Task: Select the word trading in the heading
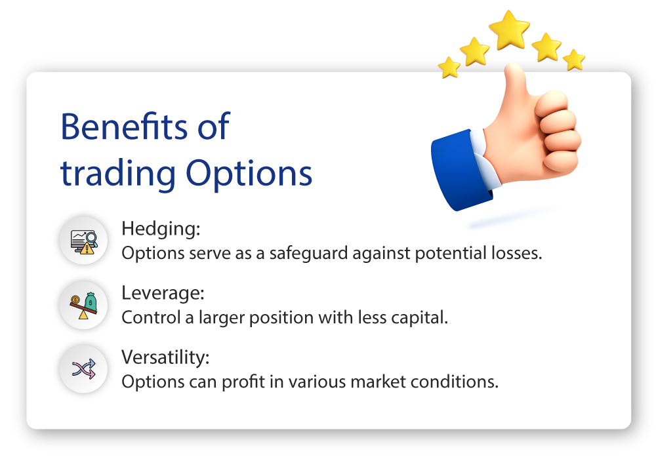coord(118,174)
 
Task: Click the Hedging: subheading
coord(161,229)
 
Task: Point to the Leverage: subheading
coord(163,293)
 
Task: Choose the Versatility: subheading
coord(165,357)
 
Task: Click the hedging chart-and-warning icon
coord(84,241)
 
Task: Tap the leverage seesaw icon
coord(84,306)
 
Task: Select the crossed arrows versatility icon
coord(84,369)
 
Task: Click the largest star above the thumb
coord(509,30)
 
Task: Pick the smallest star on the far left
coord(449,68)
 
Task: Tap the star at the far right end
coord(574,60)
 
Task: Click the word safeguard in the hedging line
coord(308,254)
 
